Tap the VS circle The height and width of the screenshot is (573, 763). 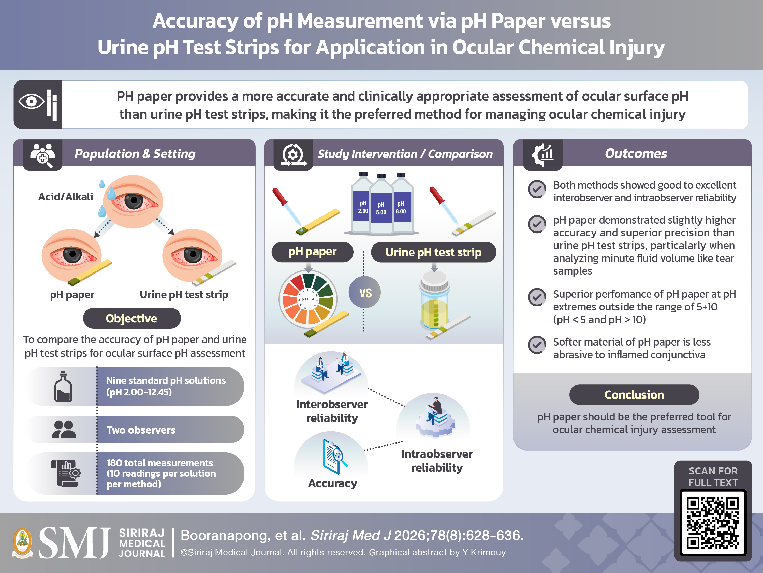coord(365,293)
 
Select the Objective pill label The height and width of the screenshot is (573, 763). coord(132,318)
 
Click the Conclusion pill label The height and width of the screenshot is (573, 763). coord(634,394)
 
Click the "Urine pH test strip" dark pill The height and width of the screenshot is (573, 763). coord(434,252)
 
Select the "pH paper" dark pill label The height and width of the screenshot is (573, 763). coord(312,252)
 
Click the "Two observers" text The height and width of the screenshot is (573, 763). coord(141,430)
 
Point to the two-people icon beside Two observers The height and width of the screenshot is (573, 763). coord(64,429)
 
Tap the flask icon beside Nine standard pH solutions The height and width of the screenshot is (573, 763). coord(63,387)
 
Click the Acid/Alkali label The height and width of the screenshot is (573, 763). coord(66,197)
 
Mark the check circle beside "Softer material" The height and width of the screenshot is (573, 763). coord(537,345)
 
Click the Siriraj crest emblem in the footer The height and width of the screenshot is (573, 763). coord(22,543)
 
